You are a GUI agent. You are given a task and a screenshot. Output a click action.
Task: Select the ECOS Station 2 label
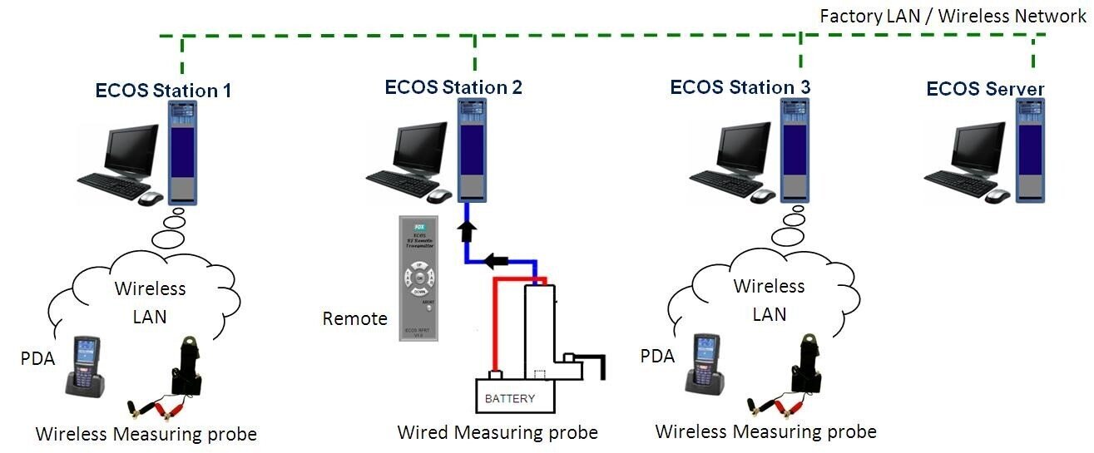(453, 86)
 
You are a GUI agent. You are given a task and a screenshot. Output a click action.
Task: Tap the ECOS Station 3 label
(740, 86)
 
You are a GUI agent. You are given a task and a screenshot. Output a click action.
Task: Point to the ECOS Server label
(985, 89)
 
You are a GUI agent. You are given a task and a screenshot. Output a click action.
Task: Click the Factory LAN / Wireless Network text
(953, 16)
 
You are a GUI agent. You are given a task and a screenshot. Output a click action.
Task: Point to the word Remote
(355, 318)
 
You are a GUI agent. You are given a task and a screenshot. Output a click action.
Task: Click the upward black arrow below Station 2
(466, 229)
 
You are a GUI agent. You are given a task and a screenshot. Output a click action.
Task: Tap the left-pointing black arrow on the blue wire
(497, 260)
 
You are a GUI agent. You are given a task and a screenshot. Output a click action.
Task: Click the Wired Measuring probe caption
(497, 432)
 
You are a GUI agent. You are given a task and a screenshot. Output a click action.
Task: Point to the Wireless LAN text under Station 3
(769, 300)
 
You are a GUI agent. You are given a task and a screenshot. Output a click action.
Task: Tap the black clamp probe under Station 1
(184, 366)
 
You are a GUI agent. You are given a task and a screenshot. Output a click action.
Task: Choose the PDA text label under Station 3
(656, 356)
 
